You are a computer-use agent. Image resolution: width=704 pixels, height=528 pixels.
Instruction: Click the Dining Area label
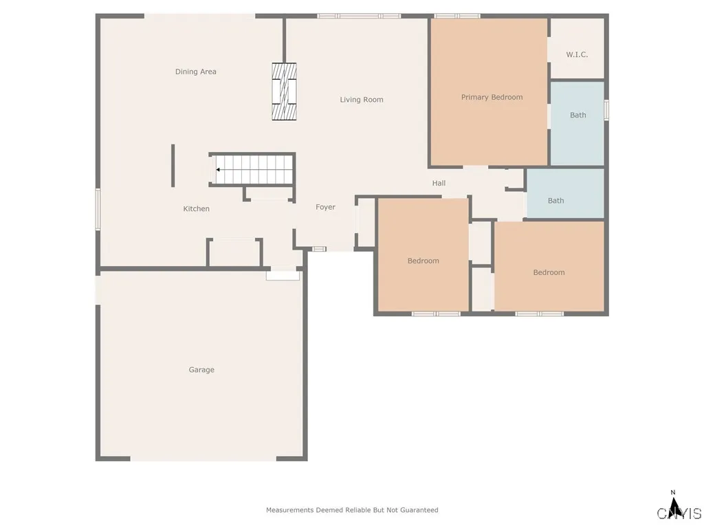coord(196,71)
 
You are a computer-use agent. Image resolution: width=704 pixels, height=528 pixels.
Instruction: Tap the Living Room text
coord(362,100)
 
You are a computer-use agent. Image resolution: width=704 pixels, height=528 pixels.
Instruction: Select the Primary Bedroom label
coord(492,97)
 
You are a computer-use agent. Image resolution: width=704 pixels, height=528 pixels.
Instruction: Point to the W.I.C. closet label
coord(577,54)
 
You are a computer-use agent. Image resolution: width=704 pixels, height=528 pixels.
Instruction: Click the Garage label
coord(201,370)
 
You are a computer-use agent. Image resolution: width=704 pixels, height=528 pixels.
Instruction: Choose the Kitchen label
coord(196,209)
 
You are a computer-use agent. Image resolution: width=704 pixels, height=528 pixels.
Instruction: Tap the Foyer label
coord(325,207)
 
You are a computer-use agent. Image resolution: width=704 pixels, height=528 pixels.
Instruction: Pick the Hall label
coord(439,183)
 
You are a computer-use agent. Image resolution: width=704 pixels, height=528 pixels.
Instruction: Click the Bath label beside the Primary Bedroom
coord(578,115)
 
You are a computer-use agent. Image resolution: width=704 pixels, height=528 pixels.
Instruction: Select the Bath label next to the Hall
coord(555,201)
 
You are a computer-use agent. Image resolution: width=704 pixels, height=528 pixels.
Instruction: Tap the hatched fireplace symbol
coord(284,91)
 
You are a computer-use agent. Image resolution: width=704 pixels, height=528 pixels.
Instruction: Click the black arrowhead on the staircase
coord(218,169)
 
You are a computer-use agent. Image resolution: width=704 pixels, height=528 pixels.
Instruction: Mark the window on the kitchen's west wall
coord(98,210)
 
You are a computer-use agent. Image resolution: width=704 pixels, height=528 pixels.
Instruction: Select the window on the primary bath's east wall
coord(606,110)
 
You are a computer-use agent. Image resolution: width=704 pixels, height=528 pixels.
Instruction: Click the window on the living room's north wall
coord(359,15)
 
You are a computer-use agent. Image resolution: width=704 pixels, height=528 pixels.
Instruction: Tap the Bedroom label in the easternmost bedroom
coord(549,272)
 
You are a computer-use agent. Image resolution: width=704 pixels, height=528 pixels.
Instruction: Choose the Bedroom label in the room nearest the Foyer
coord(423,261)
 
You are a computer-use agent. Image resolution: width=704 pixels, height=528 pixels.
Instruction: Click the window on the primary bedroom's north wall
coord(457,15)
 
